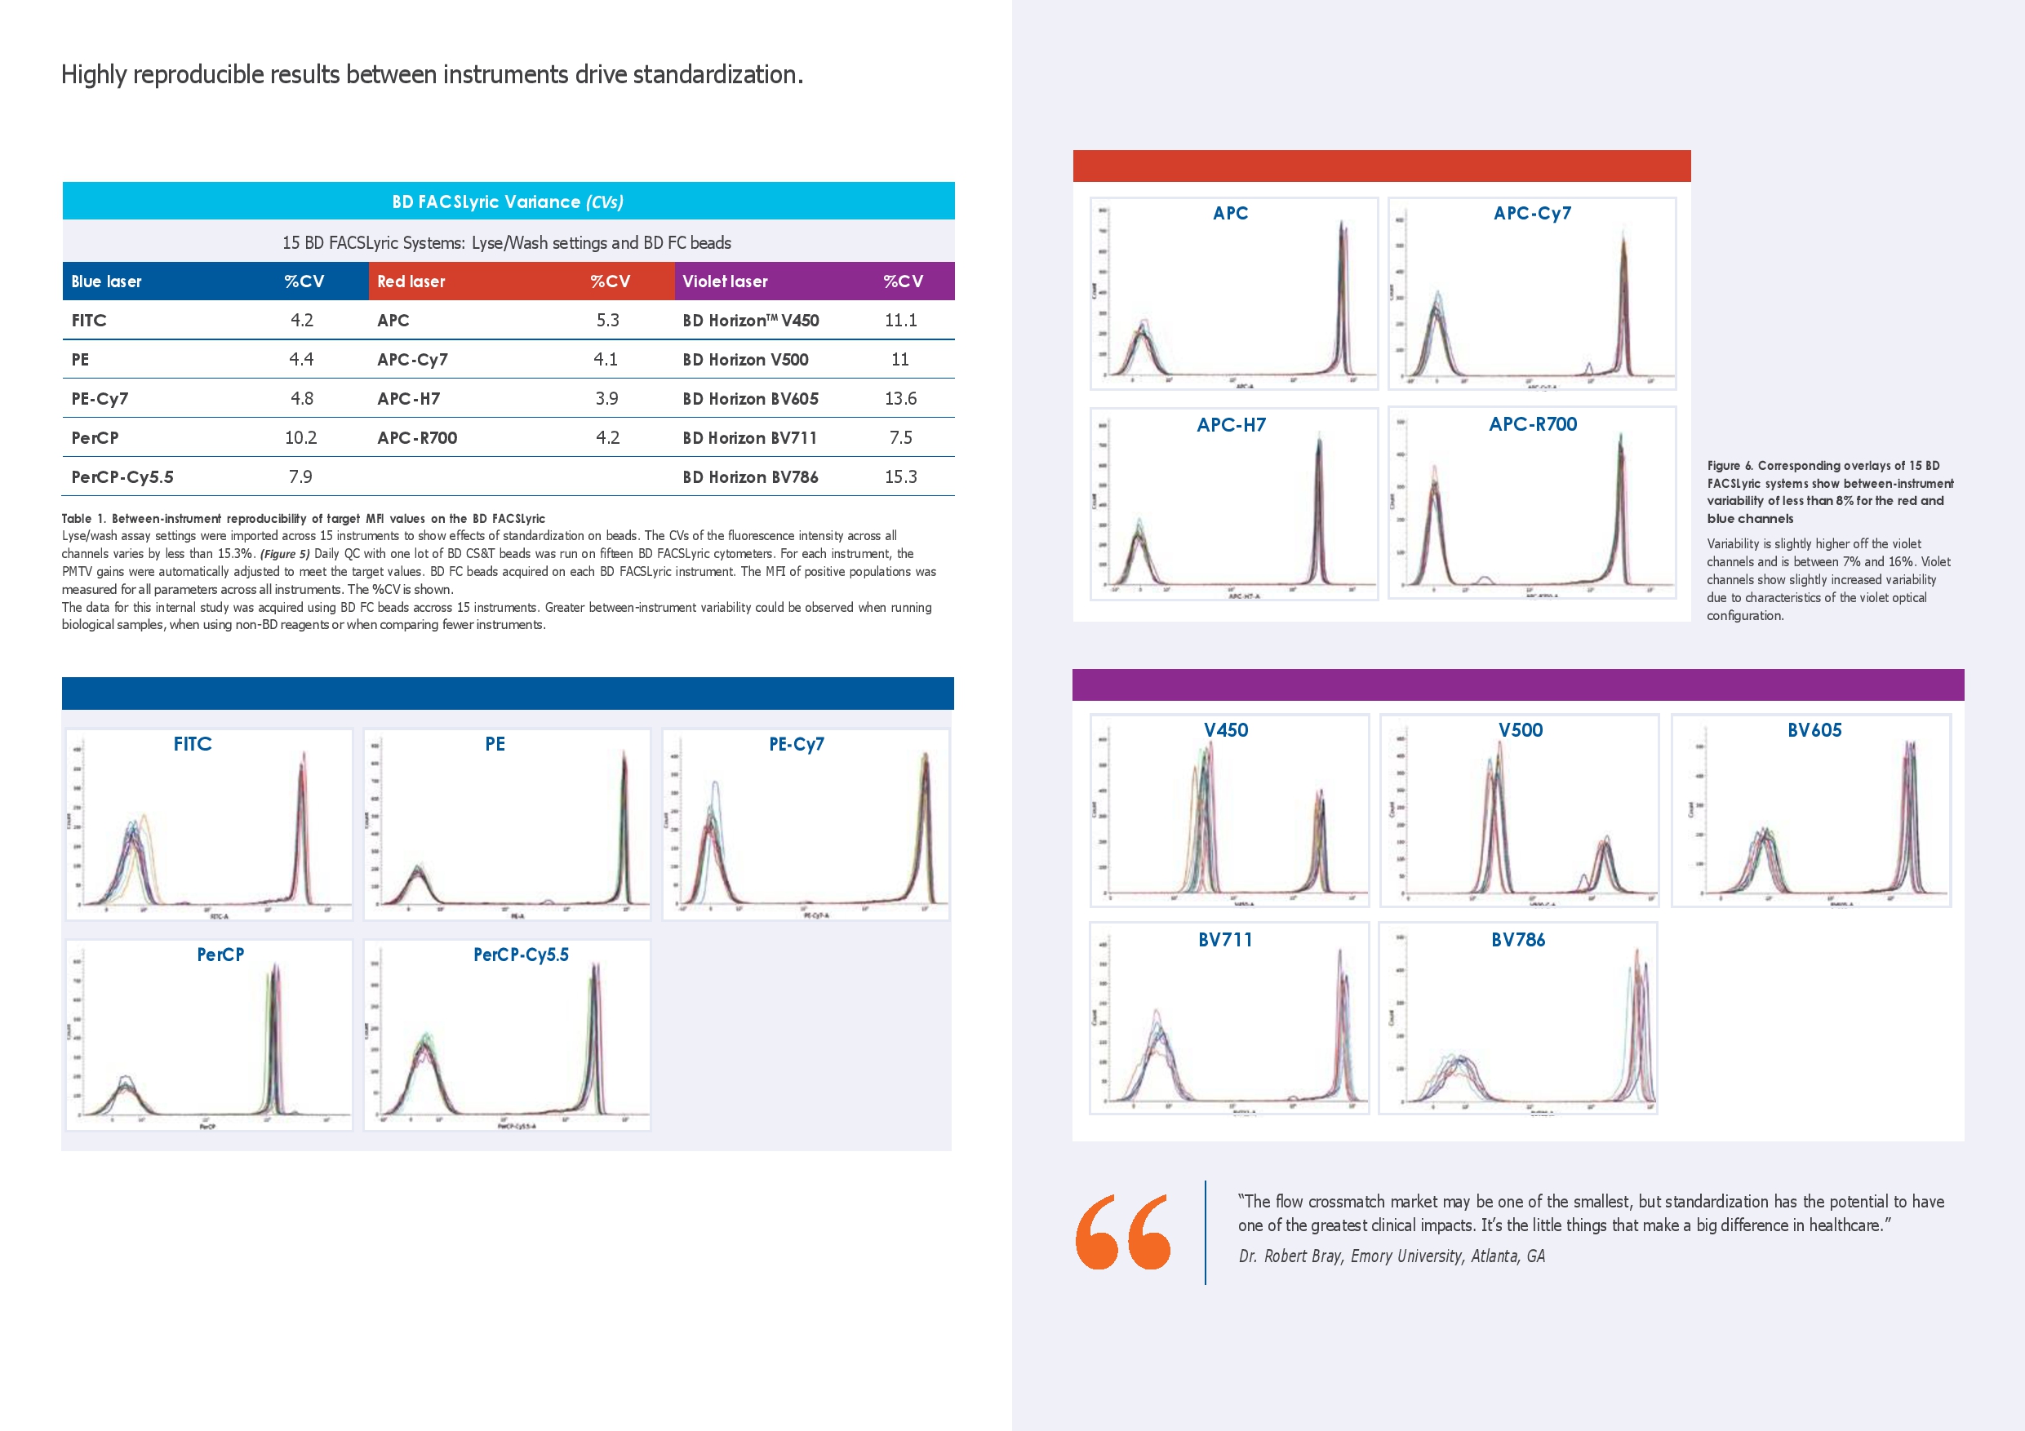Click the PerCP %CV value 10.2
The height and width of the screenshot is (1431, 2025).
click(x=300, y=438)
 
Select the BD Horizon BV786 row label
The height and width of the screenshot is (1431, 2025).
click(x=749, y=477)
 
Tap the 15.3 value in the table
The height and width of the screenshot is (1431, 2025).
click(x=900, y=477)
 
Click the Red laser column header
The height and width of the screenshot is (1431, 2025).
click(x=411, y=281)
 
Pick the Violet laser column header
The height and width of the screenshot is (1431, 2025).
click(x=725, y=281)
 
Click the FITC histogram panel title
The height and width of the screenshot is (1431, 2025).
click(x=193, y=744)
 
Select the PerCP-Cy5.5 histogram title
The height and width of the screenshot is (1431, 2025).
click(x=521, y=955)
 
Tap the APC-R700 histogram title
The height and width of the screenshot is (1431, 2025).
click(x=1533, y=424)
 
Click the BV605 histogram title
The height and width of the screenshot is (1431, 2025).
click(x=1814, y=730)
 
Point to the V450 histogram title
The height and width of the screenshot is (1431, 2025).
click(x=1226, y=730)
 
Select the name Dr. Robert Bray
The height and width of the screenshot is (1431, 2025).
click(x=1291, y=1256)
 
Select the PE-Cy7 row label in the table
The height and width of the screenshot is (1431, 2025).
click(x=100, y=398)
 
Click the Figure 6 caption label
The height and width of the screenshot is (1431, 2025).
click(x=1730, y=466)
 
